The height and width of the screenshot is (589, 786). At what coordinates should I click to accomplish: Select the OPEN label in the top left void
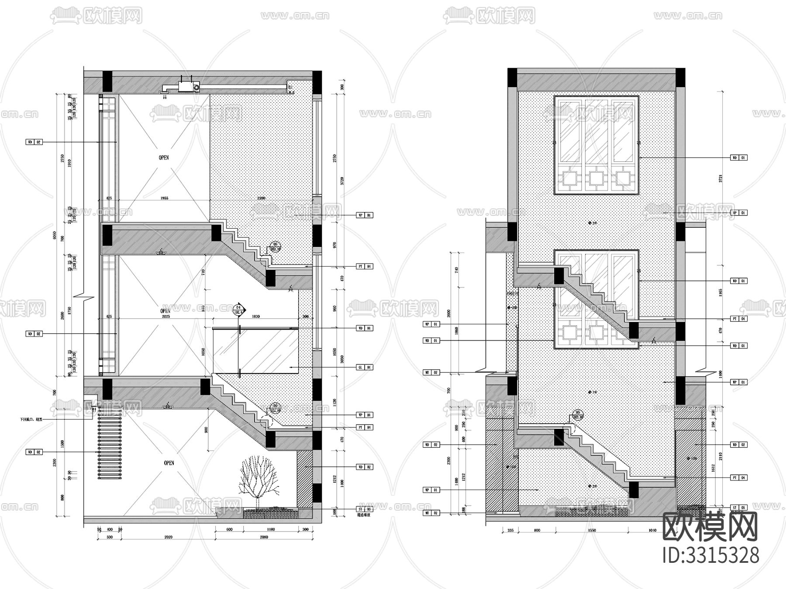[164, 158]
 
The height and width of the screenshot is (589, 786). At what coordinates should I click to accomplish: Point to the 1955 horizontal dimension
[164, 198]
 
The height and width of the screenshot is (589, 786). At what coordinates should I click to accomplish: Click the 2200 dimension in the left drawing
[261, 198]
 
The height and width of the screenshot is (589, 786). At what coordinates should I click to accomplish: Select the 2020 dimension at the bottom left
[169, 537]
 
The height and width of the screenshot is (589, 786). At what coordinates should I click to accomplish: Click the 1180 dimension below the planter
[270, 530]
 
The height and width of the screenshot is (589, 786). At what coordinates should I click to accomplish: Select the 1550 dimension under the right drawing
[592, 531]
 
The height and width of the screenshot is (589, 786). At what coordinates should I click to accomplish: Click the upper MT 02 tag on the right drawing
[431, 373]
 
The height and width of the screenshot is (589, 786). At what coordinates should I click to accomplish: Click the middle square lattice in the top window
[596, 178]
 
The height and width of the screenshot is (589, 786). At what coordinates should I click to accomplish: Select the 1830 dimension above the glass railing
[256, 316]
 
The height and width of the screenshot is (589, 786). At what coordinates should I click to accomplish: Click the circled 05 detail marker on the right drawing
[578, 413]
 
